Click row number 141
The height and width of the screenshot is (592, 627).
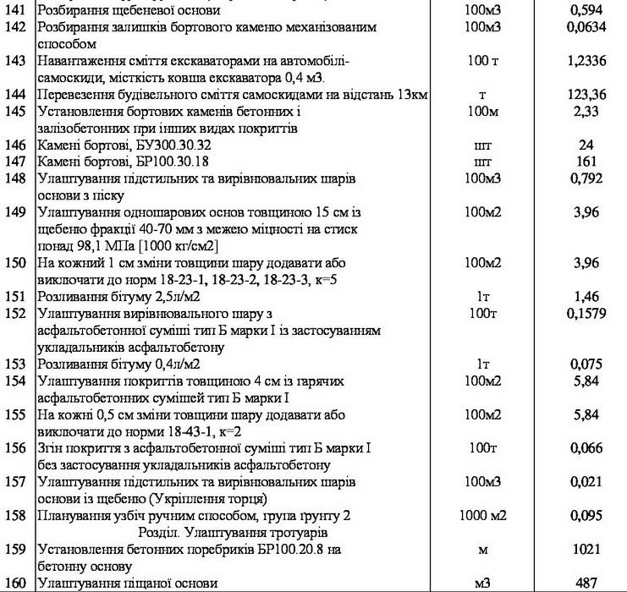[x=16, y=11]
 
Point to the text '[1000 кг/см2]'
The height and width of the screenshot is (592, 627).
[x=180, y=246]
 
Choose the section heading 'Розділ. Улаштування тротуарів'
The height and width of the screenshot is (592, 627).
[x=245, y=532]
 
